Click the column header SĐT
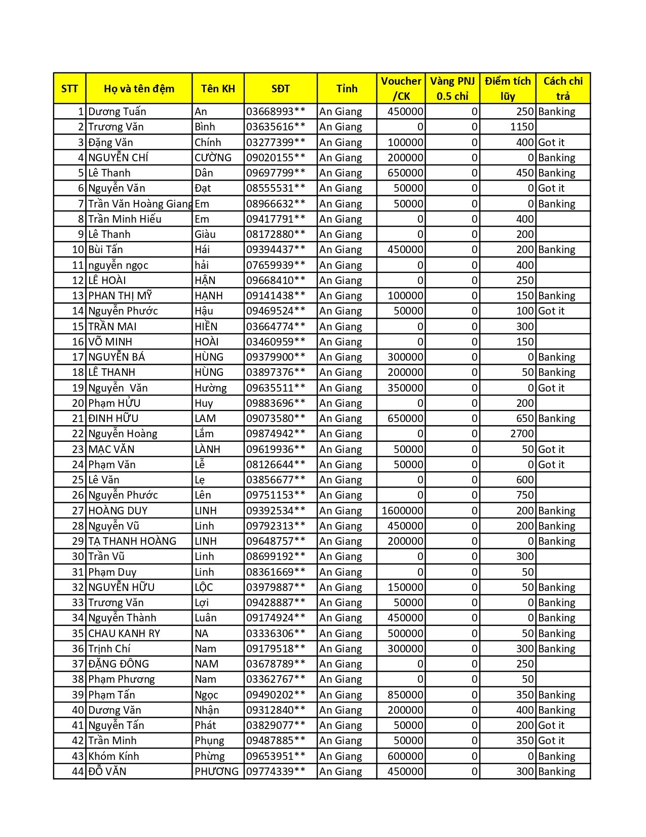280,89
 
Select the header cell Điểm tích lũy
507,89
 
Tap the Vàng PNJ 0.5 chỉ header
452,89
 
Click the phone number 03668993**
276,112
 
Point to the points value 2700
522,434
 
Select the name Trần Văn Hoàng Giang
140,204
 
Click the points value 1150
522,127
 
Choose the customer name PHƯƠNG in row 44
216,772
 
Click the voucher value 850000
405,695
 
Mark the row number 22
78,434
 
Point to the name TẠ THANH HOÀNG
132,541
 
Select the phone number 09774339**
276,772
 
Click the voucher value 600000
405,756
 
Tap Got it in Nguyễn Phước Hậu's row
551,311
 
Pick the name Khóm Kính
113,756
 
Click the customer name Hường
211,388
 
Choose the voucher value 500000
405,634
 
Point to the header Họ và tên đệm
139,89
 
